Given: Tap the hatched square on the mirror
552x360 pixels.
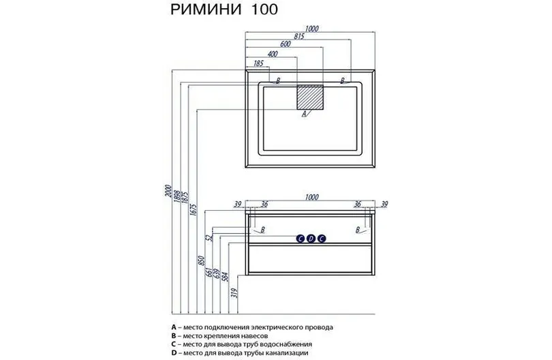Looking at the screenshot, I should coord(311,97).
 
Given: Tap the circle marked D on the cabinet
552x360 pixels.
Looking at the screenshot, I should coord(311,238).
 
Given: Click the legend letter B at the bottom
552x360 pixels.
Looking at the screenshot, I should coord(176,335).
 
